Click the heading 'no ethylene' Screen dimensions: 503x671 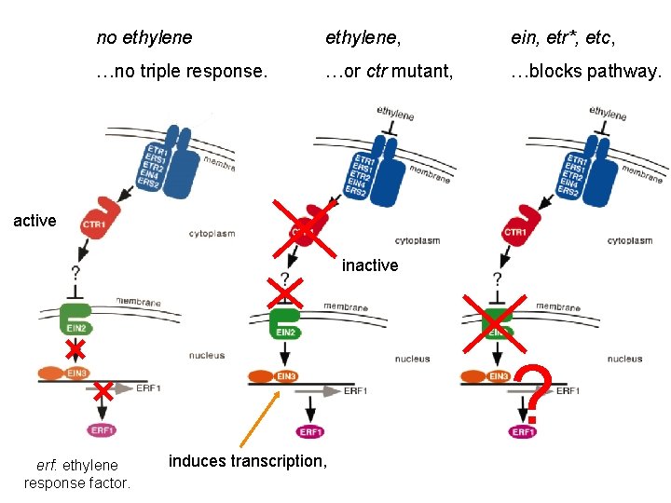pos(144,38)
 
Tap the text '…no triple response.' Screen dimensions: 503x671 pos(182,72)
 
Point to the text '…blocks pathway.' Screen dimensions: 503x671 pos(585,72)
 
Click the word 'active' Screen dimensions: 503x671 pos(34,221)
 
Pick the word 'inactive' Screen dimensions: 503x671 pos(370,265)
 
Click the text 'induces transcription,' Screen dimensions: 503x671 pos(247,460)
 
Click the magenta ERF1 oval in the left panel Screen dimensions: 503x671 pos(103,429)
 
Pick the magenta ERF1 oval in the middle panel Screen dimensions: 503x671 pos(310,431)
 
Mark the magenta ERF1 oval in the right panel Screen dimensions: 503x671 pos(523,431)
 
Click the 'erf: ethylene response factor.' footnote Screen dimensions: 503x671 pos(77,473)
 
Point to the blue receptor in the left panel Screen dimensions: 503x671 pos(180,158)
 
